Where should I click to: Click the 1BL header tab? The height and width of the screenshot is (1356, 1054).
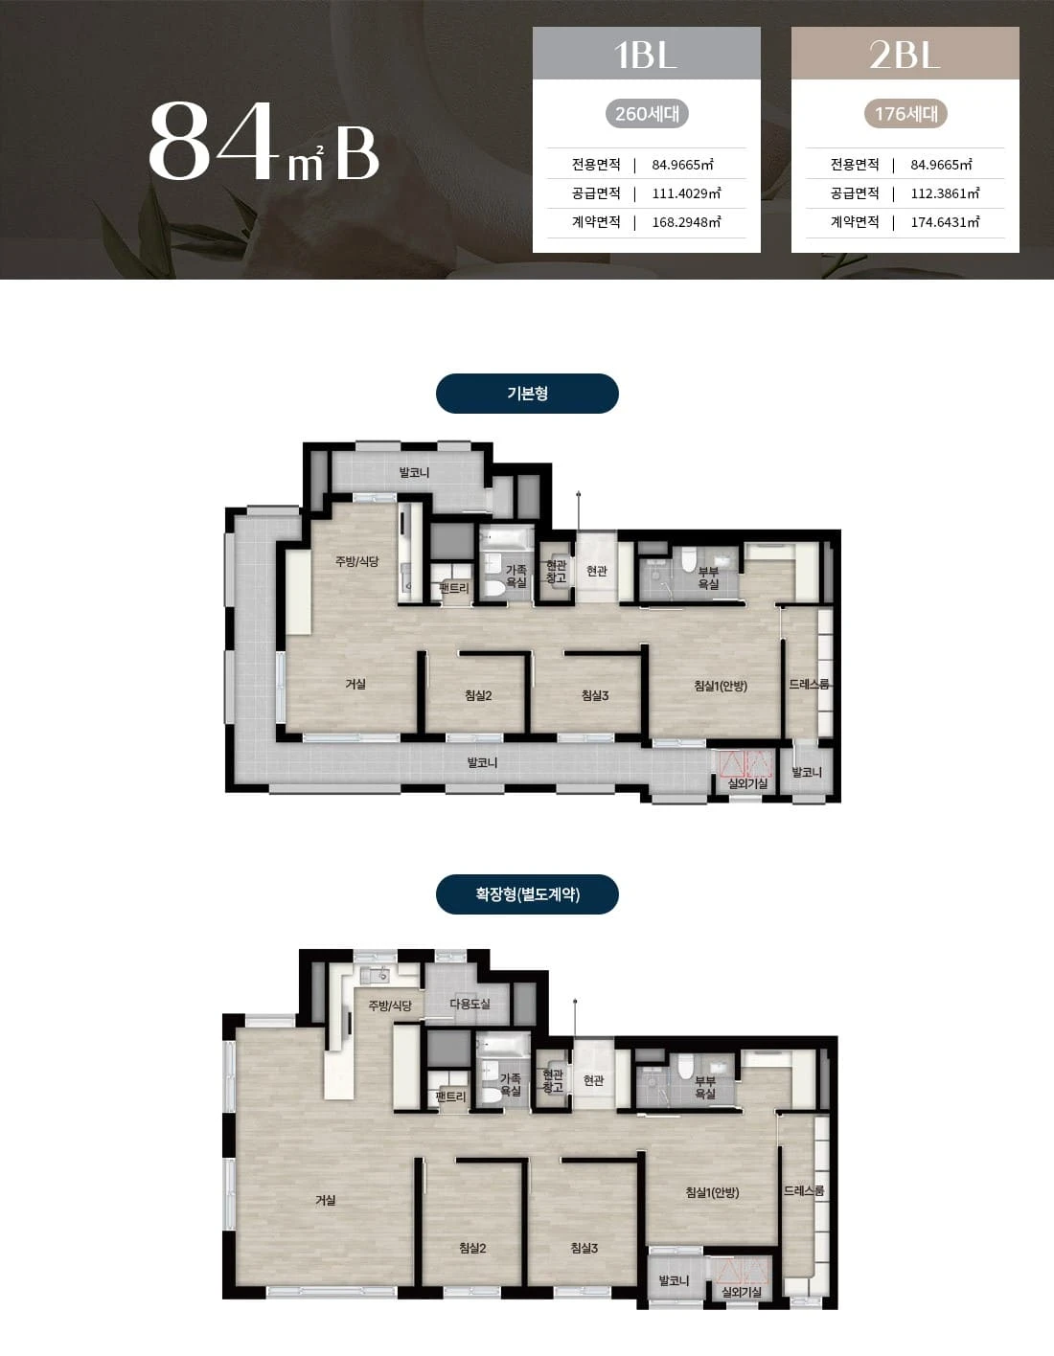[x=646, y=53]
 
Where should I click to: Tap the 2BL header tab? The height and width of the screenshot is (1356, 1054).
[x=905, y=53]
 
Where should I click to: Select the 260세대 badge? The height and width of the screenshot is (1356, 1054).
[x=647, y=114]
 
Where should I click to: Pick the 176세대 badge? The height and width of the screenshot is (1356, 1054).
[x=905, y=114]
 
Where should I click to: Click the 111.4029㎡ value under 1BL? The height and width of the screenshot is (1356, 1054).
[x=686, y=193]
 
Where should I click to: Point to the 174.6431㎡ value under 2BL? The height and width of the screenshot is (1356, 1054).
[x=945, y=222]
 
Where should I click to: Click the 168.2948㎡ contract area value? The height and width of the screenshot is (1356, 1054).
[x=686, y=222]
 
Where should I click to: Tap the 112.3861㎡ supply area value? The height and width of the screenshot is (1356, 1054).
[x=945, y=193]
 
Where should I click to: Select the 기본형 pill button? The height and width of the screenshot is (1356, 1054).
[x=527, y=394]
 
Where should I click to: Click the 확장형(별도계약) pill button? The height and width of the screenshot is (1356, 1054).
[x=527, y=894]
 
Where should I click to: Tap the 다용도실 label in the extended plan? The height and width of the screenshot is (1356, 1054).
[x=470, y=1004]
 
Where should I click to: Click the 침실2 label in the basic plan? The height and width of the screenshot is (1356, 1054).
[x=478, y=695]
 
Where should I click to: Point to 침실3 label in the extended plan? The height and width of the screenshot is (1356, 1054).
[x=584, y=1248]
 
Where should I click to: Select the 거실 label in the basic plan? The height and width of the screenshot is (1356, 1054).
[x=355, y=684]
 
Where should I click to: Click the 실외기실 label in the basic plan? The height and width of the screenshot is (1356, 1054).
[x=747, y=783]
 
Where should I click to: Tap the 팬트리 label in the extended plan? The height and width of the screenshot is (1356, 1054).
[x=450, y=1096]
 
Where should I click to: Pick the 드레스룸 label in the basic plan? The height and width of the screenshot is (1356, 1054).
[x=809, y=684]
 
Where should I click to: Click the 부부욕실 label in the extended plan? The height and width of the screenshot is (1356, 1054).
[x=705, y=1087]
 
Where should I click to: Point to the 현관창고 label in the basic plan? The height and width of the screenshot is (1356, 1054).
[x=556, y=571]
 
